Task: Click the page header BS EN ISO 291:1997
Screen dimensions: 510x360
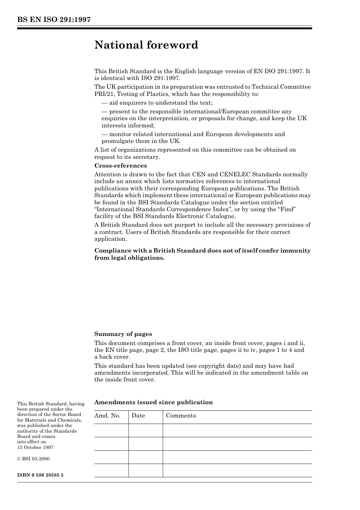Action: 53,20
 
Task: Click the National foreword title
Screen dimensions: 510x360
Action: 146,45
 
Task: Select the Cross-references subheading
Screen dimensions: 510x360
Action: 120,166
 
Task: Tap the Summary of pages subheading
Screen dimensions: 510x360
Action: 123,334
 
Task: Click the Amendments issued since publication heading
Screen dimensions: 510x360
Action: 153,402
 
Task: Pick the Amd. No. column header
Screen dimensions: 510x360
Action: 107,416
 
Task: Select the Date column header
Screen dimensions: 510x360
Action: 138,416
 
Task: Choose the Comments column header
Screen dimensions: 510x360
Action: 181,416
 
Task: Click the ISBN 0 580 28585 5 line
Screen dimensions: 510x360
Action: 40,475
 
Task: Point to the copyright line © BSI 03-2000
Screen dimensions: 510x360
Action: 33,459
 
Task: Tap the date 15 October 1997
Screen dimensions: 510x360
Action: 35,447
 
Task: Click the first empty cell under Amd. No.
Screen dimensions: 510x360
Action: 111,430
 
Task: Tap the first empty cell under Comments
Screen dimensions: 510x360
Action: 237,430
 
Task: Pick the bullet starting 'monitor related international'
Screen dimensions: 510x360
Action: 193,137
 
